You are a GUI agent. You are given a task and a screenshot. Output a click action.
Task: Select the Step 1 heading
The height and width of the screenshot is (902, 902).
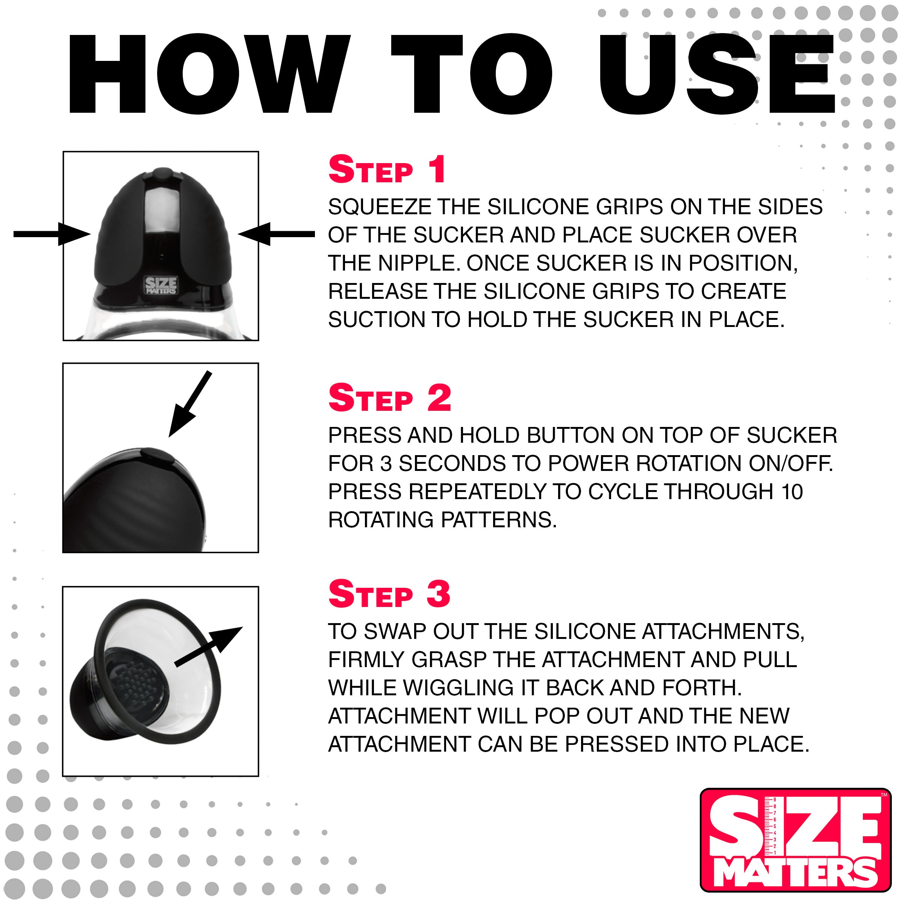387,169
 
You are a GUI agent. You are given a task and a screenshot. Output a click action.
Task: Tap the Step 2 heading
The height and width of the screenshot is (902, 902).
389,398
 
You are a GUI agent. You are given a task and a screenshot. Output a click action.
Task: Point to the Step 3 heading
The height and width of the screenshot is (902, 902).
389,594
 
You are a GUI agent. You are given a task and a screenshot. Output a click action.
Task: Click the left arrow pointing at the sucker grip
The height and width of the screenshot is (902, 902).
51,234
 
